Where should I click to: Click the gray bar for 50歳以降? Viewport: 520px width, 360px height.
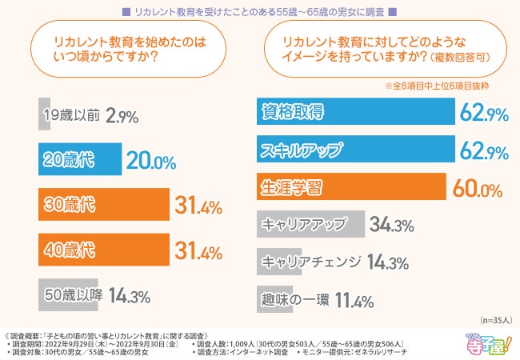67,296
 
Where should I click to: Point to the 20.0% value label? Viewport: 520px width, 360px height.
151,161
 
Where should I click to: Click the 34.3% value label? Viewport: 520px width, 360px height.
390,226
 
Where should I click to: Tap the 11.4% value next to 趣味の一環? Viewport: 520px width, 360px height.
354,301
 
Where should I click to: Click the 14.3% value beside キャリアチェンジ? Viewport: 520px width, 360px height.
388,262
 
